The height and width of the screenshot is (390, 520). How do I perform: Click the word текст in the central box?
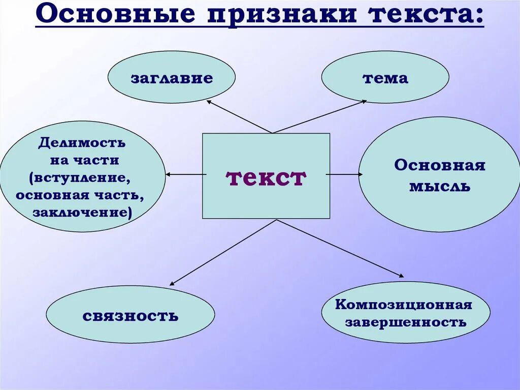(x=266, y=177)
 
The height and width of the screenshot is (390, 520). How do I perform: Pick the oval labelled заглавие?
(x=172, y=78)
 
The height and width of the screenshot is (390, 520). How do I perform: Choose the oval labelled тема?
(x=385, y=78)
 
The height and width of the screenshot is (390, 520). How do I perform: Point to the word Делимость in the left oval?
(x=81, y=143)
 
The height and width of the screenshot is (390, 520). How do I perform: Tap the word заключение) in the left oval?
(x=82, y=212)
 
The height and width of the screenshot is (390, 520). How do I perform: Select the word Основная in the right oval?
(x=440, y=165)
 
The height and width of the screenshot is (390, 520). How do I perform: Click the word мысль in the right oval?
(x=440, y=187)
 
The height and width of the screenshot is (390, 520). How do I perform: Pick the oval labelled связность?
(x=131, y=316)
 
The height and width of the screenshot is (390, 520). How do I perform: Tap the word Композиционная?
(x=404, y=305)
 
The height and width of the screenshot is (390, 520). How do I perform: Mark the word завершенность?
(x=405, y=322)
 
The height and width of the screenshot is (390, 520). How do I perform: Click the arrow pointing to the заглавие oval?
(x=239, y=116)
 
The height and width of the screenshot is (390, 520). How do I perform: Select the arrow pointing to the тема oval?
(x=319, y=116)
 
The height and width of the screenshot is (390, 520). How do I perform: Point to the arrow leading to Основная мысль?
(x=344, y=174)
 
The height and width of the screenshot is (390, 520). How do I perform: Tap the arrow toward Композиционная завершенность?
(x=340, y=248)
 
